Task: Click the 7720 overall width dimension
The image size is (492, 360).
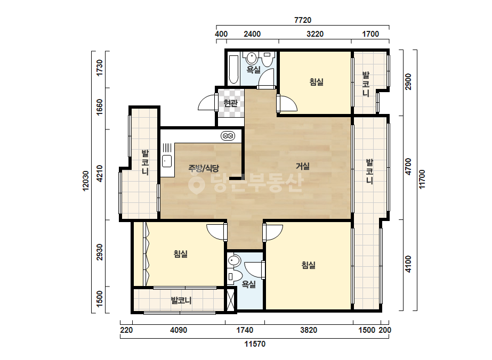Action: (303, 20)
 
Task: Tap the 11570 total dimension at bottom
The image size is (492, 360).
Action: (255, 344)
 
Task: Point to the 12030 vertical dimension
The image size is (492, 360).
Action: (85, 181)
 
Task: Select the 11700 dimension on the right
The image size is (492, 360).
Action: (422, 179)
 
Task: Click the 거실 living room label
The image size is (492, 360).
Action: (303, 166)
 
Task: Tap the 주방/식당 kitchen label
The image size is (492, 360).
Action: (204, 168)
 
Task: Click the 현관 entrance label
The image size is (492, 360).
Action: (231, 103)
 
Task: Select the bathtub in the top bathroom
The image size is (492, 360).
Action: (233, 70)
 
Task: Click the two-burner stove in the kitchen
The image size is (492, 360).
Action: (228, 136)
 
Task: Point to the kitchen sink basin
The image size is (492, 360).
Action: (167, 161)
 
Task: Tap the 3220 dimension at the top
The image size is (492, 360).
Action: (315, 34)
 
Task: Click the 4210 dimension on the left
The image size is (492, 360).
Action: (100, 174)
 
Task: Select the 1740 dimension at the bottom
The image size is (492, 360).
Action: (245, 330)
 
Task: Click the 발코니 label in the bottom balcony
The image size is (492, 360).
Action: (181, 301)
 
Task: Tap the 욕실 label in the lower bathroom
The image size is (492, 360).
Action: (248, 284)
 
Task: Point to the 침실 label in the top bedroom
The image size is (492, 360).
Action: (316, 82)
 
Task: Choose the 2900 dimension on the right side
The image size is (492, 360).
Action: (408, 81)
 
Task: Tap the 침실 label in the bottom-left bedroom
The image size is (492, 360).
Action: (181, 253)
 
